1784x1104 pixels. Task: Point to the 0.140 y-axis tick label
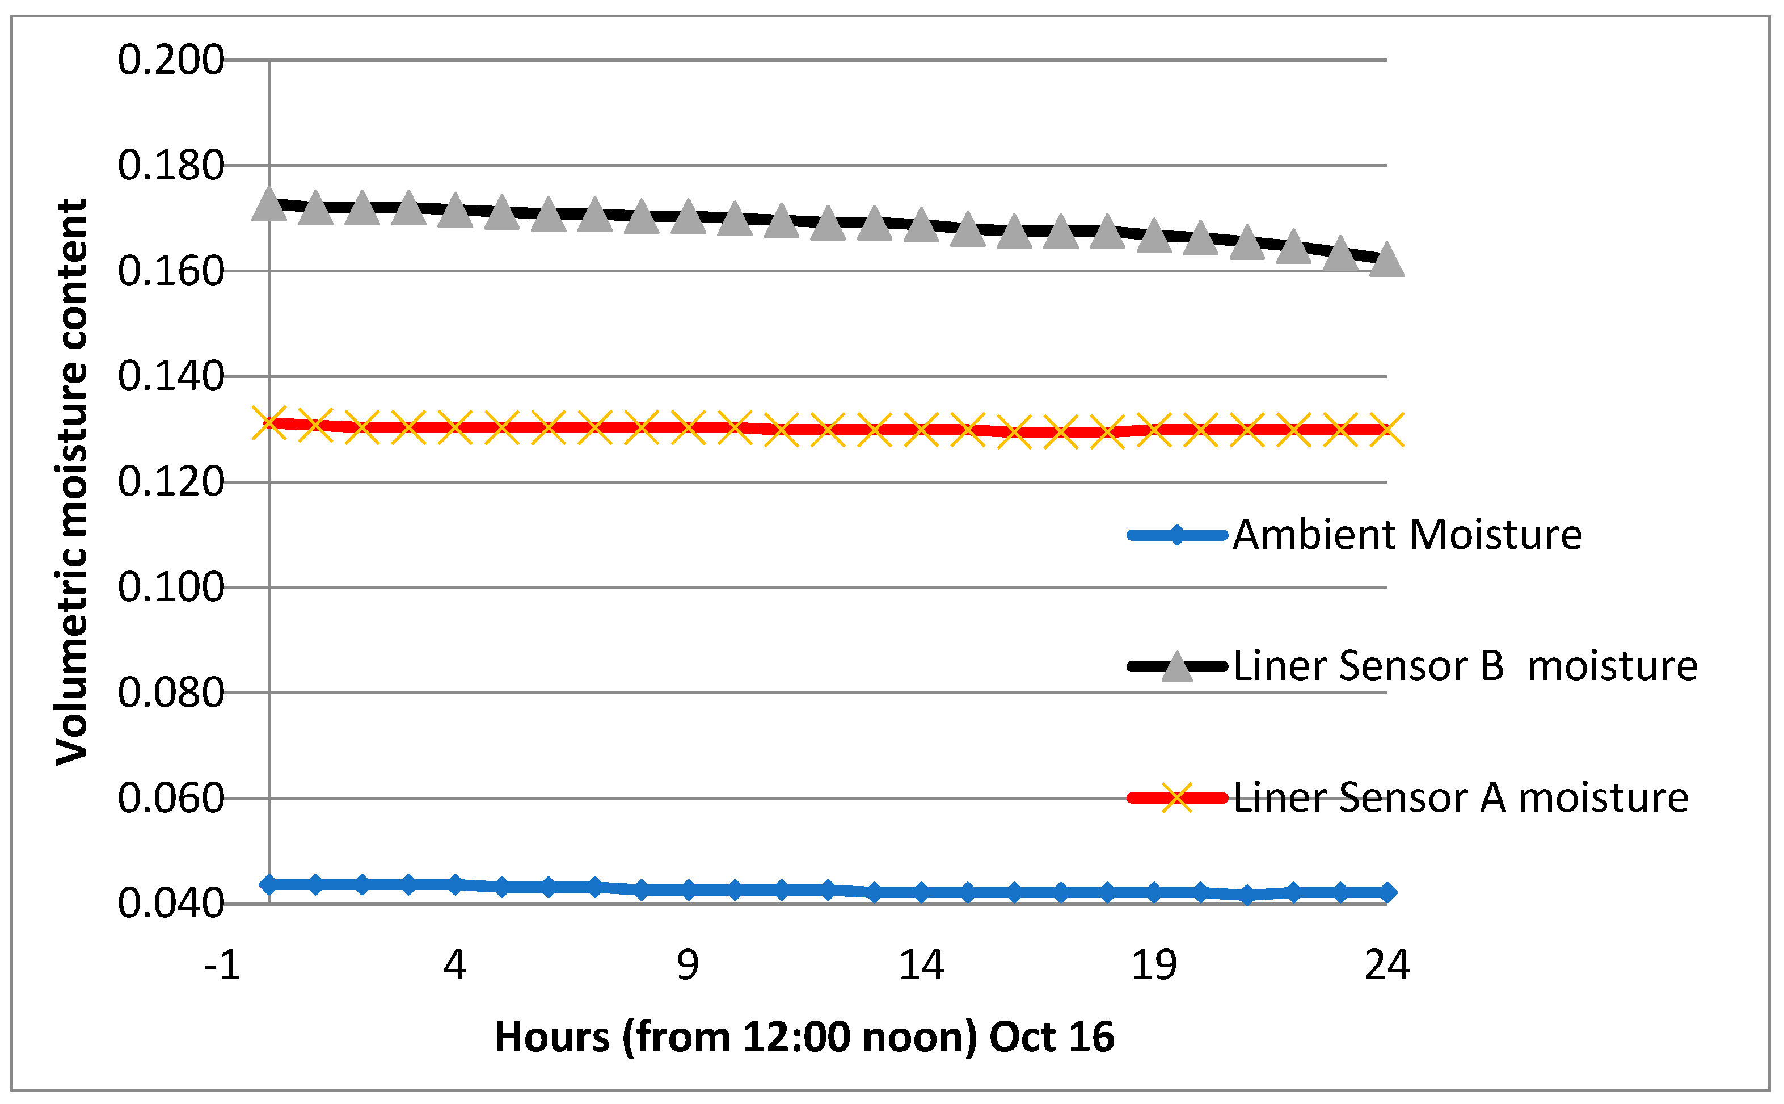[171, 377]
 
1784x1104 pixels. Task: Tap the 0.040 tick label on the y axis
[171, 904]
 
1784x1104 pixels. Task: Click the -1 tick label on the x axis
[222, 966]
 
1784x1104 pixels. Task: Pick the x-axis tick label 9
[688, 966]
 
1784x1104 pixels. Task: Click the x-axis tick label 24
[1386, 966]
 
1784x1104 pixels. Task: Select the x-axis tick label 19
[1154, 966]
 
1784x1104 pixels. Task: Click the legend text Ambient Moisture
[1407, 535]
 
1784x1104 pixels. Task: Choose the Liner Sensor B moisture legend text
[1465, 666]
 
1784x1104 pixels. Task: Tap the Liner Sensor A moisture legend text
[1461, 797]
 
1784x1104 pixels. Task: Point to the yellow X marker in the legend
[1176, 797]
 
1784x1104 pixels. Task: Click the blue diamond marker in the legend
[1176, 535]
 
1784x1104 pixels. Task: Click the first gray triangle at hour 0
[268, 204]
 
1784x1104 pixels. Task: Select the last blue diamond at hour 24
[1386, 892]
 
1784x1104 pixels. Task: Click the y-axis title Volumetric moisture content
[71, 482]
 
